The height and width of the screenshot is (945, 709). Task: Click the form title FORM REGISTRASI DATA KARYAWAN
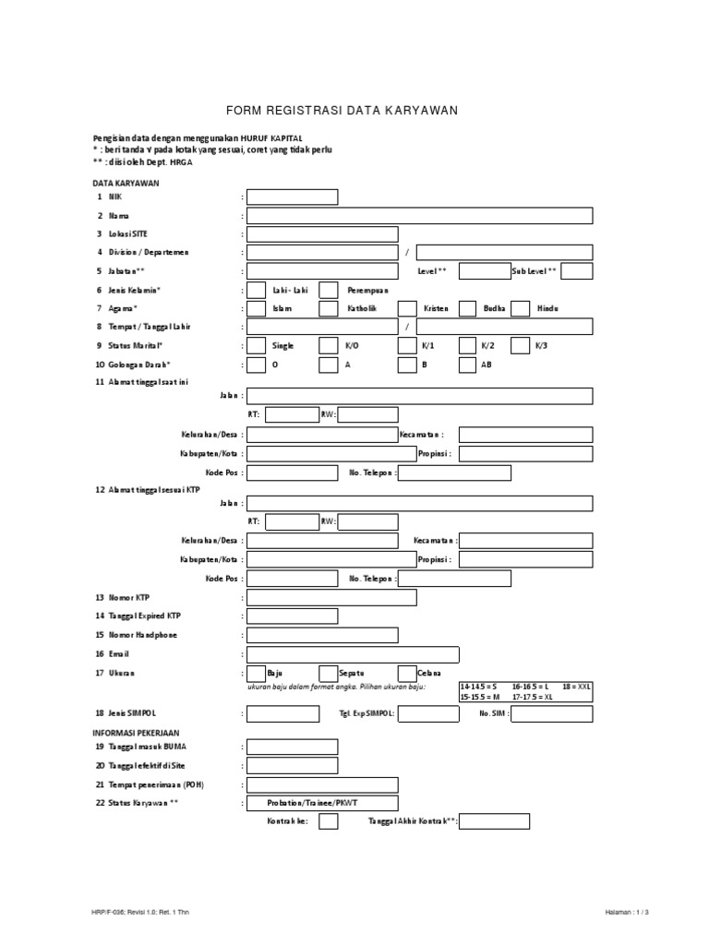pyautogui.click(x=354, y=111)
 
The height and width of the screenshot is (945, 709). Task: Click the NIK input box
pyautogui.click(x=292, y=197)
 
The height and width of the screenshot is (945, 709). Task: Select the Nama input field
pyautogui.click(x=419, y=215)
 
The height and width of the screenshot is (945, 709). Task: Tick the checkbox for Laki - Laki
pyautogui.click(x=257, y=290)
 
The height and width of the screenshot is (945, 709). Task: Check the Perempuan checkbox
pyautogui.click(x=328, y=290)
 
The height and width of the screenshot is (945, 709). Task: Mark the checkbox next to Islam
pyautogui.click(x=257, y=308)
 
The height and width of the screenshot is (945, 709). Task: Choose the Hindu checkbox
pyautogui.click(x=520, y=308)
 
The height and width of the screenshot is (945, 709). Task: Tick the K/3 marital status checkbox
pyautogui.click(x=520, y=345)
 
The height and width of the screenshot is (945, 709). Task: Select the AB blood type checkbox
pyautogui.click(x=467, y=364)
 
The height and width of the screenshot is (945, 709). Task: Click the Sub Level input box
pyautogui.click(x=576, y=270)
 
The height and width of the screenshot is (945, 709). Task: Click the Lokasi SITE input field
pyautogui.click(x=322, y=233)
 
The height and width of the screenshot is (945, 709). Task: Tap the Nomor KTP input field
pyautogui.click(x=331, y=597)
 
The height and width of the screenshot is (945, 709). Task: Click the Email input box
pyautogui.click(x=322, y=653)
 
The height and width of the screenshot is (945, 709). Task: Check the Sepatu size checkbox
pyautogui.click(x=328, y=673)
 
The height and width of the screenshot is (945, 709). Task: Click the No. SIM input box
pyautogui.click(x=552, y=713)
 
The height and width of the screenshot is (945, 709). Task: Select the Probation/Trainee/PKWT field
pyautogui.click(x=322, y=803)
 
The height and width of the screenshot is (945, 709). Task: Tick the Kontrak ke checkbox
pyautogui.click(x=328, y=821)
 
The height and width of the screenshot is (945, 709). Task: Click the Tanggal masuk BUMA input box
pyautogui.click(x=292, y=747)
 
